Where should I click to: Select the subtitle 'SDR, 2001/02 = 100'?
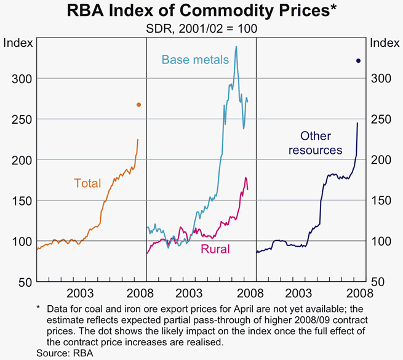pyautogui.click(x=201, y=28)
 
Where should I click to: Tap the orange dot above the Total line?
pyautogui.click(x=138, y=105)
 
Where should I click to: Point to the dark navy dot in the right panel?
pyautogui.click(x=358, y=60)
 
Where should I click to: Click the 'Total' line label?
pyautogui.click(x=87, y=183)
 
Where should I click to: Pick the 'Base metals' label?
pyautogui.click(x=195, y=60)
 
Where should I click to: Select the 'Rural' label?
pyautogui.click(x=215, y=249)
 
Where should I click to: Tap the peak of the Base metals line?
pyautogui.click(x=236, y=46)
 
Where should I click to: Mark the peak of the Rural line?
pyautogui.click(x=245, y=178)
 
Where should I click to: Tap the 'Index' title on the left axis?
pyautogui.click(x=16, y=42)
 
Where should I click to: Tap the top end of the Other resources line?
pyautogui.click(x=357, y=123)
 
